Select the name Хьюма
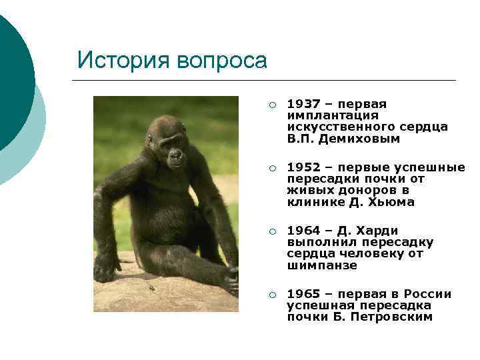point(392,202)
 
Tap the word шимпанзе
point(321,265)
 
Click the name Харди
point(376,231)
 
